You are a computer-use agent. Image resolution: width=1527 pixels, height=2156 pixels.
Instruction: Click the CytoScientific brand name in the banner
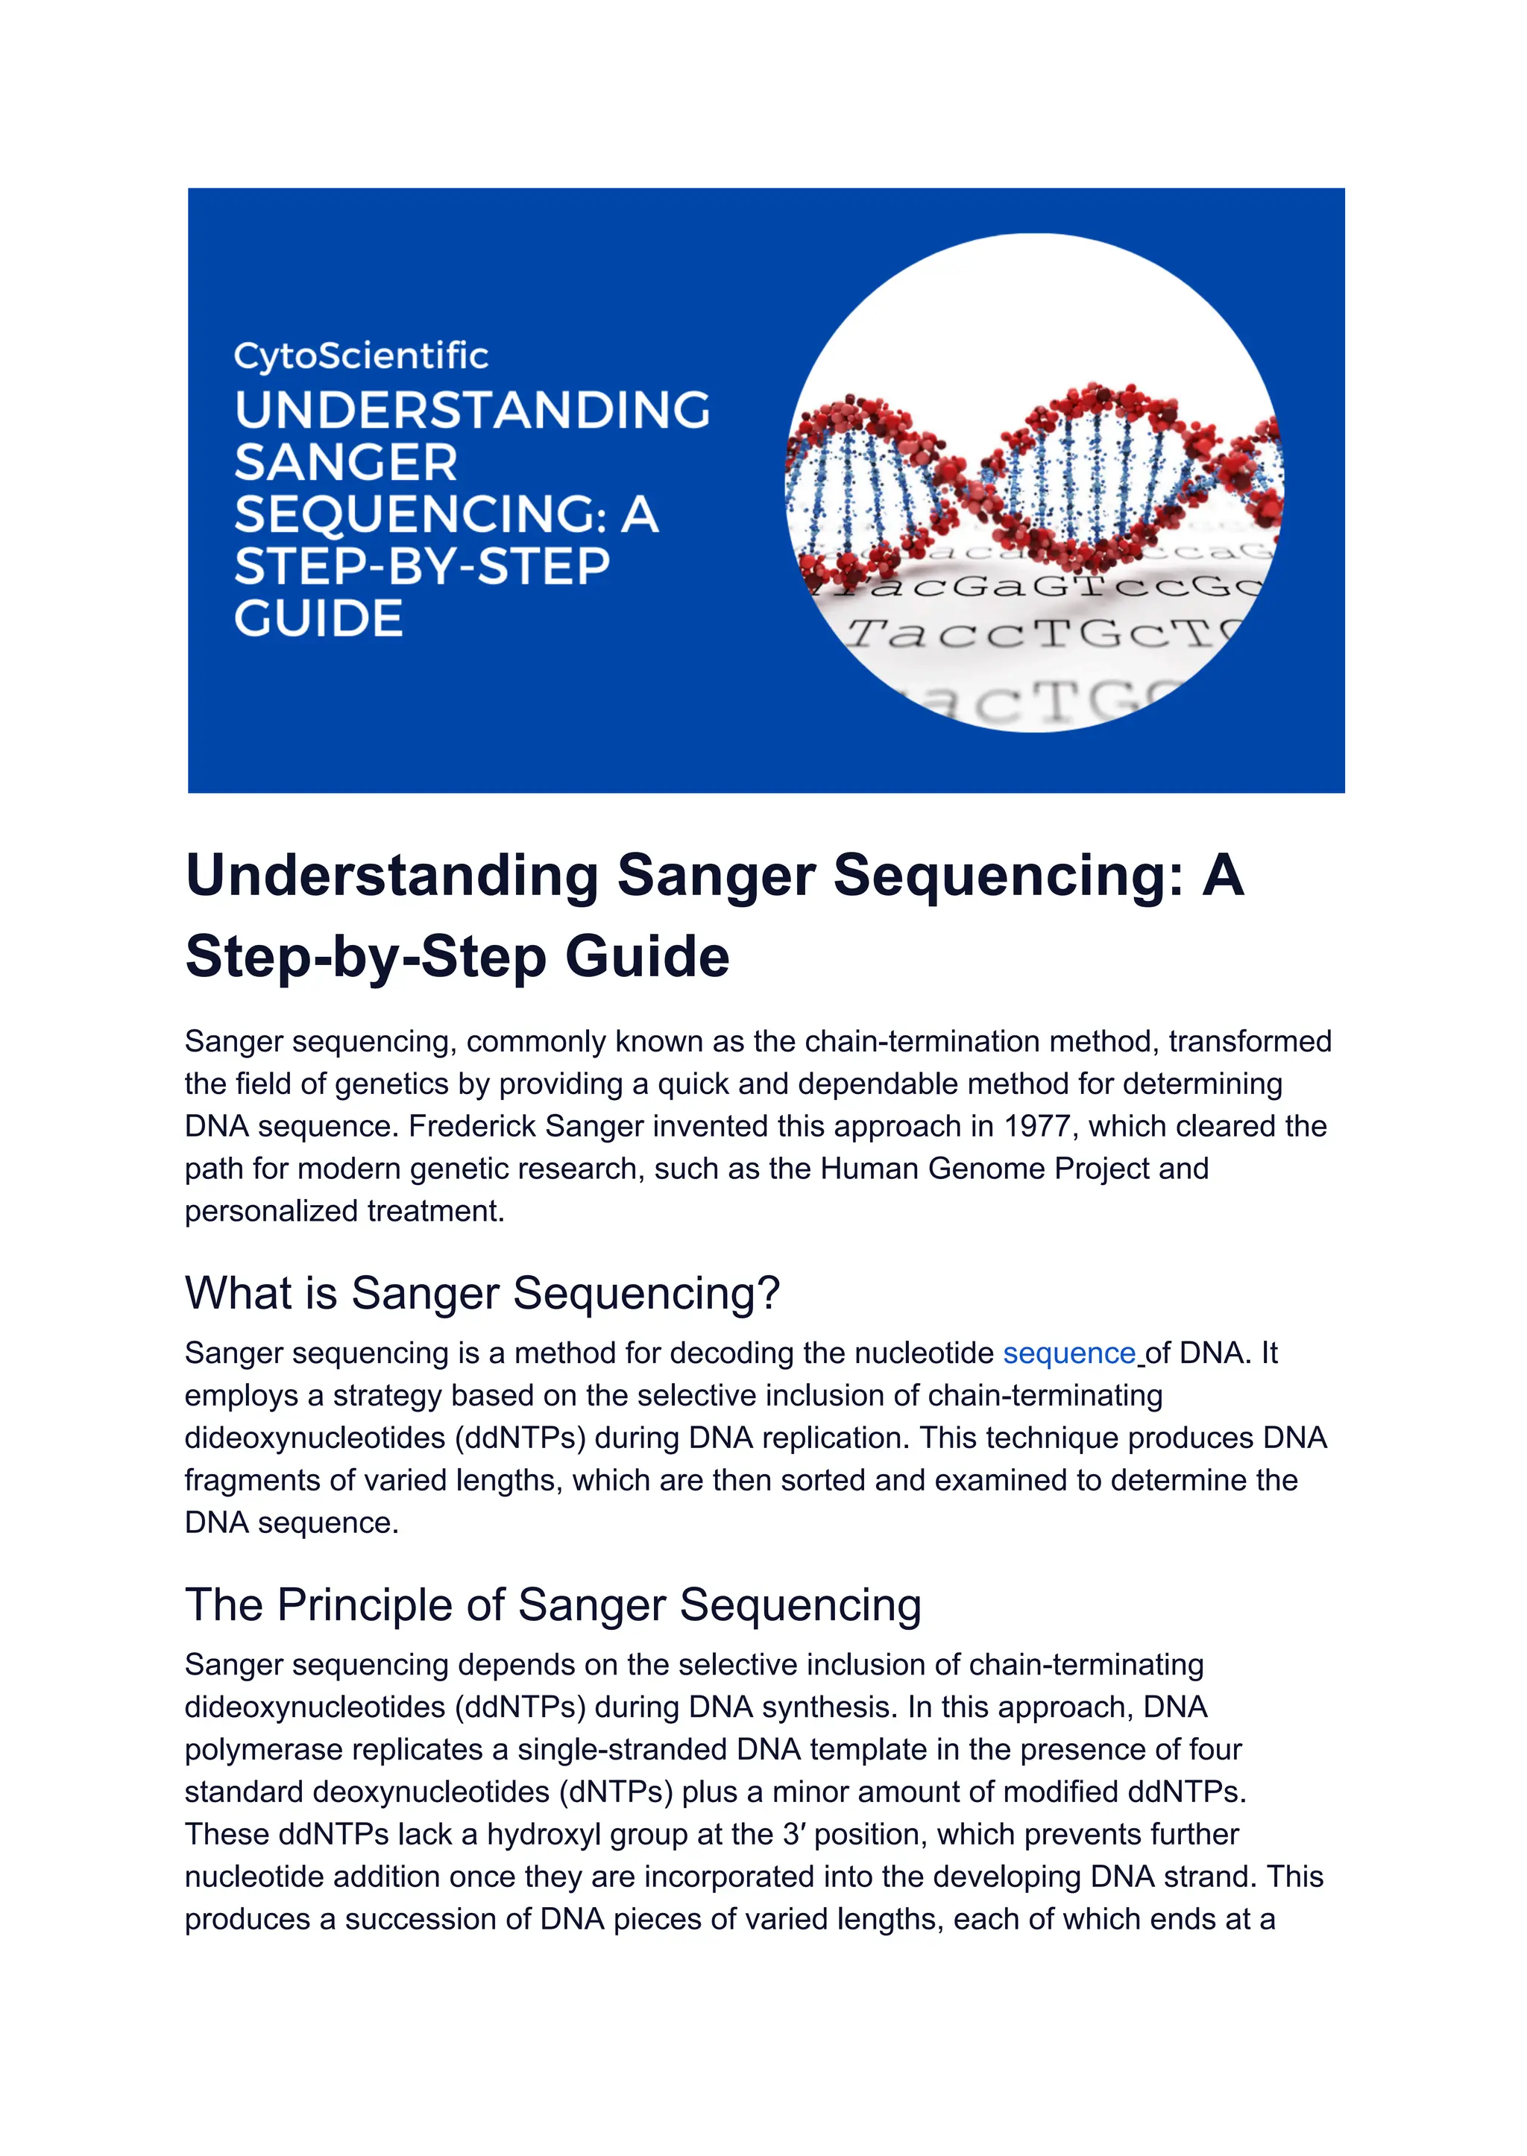pyautogui.click(x=360, y=356)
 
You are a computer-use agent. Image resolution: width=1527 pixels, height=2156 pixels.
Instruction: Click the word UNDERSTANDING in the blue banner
pyautogui.click(x=472, y=410)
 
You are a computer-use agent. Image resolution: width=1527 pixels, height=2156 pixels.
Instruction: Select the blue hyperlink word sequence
pyautogui.click(x=1068, y=1353)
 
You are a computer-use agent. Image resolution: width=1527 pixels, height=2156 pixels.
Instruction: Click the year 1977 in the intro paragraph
pyautogui.click(x=1042, y=1126)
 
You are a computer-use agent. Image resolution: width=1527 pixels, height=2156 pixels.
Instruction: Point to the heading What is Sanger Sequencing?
pyautogui.click(x=482, y=1292)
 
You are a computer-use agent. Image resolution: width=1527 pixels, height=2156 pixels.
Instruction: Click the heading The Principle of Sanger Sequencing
pyautogui.click(x=553, y=1605)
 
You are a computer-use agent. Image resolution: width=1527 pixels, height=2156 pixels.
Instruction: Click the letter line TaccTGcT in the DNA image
pyautogui.click(x=1034, y=634)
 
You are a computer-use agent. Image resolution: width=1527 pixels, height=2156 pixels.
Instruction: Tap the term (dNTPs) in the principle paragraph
pyautogui.click(x=616, y=1792)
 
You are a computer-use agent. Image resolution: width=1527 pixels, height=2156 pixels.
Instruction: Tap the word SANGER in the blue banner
pyautogui.click(x=346, y=462)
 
